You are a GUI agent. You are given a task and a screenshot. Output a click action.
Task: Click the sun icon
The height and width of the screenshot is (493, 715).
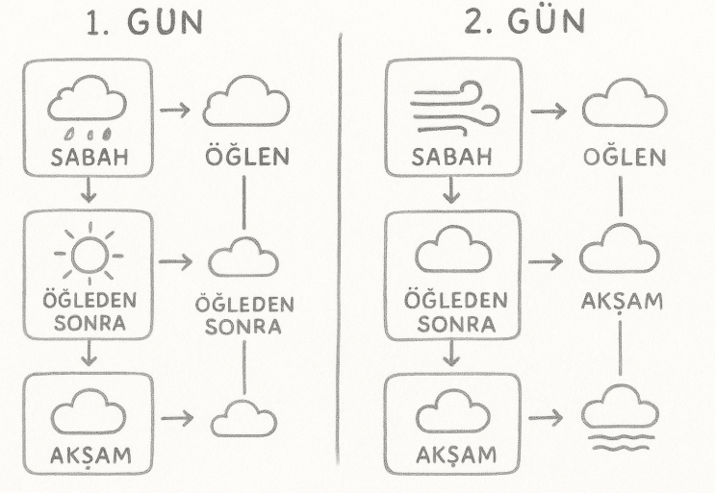88,254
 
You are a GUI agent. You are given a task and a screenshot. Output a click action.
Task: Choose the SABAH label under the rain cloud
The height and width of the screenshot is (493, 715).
88,158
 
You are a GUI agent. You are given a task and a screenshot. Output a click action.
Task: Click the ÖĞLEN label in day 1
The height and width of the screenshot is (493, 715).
245,157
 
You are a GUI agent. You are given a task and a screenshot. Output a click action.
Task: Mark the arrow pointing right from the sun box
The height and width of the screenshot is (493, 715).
175,259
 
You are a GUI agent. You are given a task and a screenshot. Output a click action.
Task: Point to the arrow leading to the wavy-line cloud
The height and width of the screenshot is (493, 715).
547,415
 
